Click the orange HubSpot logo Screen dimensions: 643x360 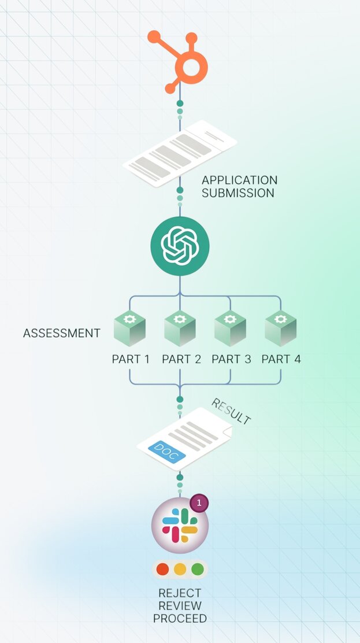click(180, 60)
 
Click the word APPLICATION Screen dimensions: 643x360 click(239, 180)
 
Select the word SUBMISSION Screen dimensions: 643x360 click(237, 193)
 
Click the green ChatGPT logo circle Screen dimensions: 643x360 click(180, 246)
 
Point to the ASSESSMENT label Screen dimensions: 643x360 click(62, 333)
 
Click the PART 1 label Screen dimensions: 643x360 click(131, 359)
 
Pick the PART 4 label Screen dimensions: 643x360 click(281, 359)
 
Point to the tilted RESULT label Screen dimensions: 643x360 click(231, 411)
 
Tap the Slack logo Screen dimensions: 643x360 click(180, 525)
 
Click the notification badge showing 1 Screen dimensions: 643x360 click(199, 503)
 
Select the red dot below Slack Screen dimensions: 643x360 click(162, 570)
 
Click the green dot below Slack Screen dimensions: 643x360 click(198, 570)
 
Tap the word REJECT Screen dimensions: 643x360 click(180, 593)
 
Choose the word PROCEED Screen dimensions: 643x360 click(180, 619)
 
